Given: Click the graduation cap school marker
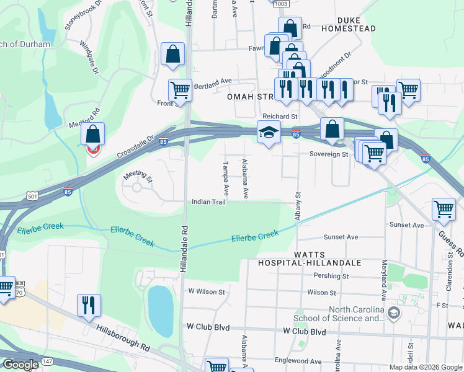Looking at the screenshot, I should (x=268, y=133).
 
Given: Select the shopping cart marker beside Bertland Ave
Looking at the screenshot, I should (x=180, y=90).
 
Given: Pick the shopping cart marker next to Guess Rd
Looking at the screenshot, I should (x=444, y=210).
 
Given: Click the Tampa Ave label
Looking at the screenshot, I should (x=226, y=178).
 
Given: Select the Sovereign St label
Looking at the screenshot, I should (x=329, y=154).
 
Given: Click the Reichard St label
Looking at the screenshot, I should (x=280, y=116).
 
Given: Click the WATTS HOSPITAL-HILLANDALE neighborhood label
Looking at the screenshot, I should (x=310, y=259).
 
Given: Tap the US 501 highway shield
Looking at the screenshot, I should (x=32, y=196).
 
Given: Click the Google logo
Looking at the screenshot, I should (x=20, y=364).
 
